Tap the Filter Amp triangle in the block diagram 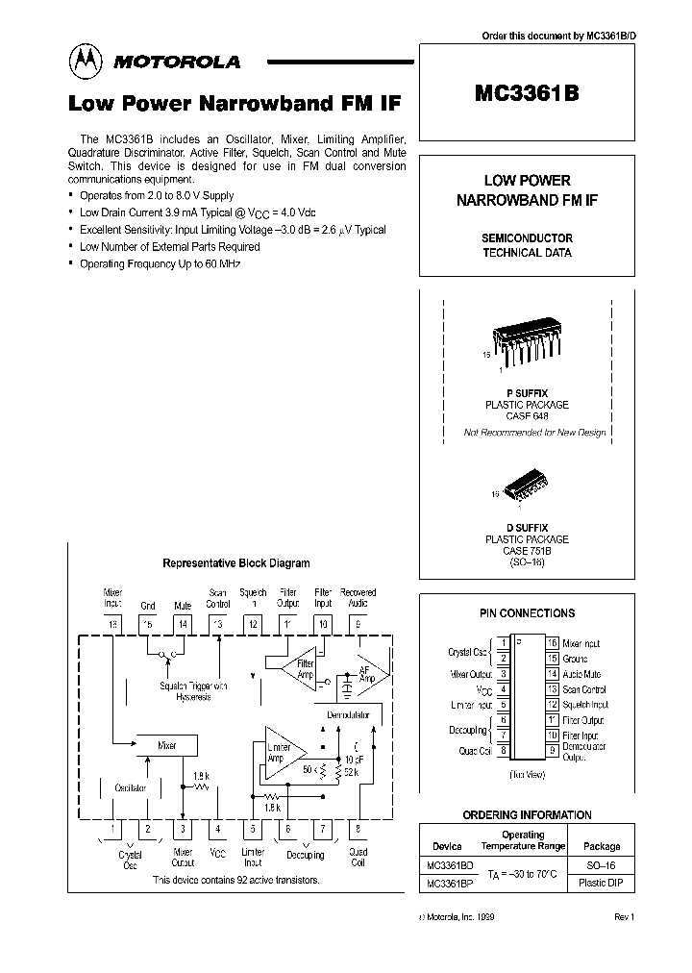(297, 669)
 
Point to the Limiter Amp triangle (281, 751)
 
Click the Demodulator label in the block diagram (349, 714)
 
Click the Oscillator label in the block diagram (131, 787)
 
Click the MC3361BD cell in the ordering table (449, 864)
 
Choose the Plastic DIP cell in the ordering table (602, 883)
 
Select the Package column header (602, 847)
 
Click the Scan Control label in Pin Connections (584, 689)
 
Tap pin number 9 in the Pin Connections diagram (553, 751)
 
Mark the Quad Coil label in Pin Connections (476, 751)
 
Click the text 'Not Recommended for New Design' (534, 433)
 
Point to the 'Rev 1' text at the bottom (625, 917)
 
